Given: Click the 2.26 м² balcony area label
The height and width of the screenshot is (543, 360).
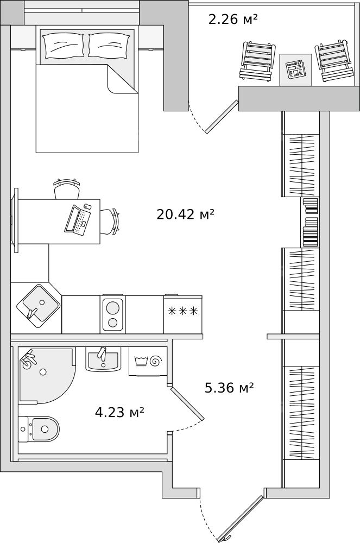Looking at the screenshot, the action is tap(233, 19).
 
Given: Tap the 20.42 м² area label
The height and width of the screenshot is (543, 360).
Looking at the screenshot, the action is tap(186, 214).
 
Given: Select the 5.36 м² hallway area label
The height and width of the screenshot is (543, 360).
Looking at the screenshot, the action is tap(229, 388).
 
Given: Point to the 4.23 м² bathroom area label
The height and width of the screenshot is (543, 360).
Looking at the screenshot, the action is tap(119, 413).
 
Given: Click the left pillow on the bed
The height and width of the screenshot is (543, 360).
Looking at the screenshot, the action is tap(64, 46).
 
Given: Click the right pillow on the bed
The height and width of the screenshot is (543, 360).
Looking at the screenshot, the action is tap(109, 45).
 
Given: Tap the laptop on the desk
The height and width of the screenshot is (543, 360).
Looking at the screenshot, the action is tap(78, 220).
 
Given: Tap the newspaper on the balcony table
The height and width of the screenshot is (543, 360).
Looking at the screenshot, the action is tap(295, 70).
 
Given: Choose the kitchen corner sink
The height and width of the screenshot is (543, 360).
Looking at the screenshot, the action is tap(38, 306).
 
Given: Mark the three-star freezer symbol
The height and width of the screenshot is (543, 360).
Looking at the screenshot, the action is tap(183, 311).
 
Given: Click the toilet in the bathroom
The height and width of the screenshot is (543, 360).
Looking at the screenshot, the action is tap(39, 430).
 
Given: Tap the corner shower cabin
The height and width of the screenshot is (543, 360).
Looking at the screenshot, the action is tap(47, 376).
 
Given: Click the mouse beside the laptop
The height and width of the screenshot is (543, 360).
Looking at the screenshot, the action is tap(87, 206).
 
